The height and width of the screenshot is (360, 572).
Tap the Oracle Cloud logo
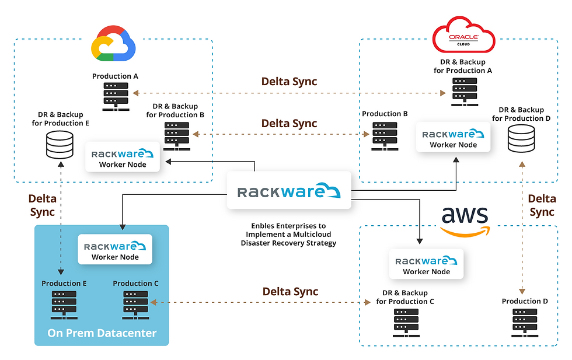(x=463, y=36)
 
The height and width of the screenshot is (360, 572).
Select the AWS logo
(x=464, y=221)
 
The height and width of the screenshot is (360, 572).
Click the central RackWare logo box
(x=289, y=191)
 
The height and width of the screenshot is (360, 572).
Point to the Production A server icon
(x=116, y=96)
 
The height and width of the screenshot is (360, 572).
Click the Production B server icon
(x=385, y=136)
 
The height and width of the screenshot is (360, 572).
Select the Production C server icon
(x=135, y=305)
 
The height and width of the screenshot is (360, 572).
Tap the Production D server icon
(x=525, y=323)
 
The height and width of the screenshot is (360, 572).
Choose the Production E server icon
(x=64, y=305)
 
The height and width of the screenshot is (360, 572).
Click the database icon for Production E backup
(x=60, y=145)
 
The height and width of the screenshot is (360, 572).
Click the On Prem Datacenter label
(x=102, y=333)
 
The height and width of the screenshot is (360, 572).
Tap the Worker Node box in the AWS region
(x=426, y=264)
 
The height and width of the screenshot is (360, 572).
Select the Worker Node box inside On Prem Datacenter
(x=115, y=250)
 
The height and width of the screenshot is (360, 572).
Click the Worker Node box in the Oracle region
(x=453, y=138)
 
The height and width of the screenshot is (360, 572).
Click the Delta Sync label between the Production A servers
(x=289, y=81)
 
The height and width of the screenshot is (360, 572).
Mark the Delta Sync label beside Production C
(x=290, y=291)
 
